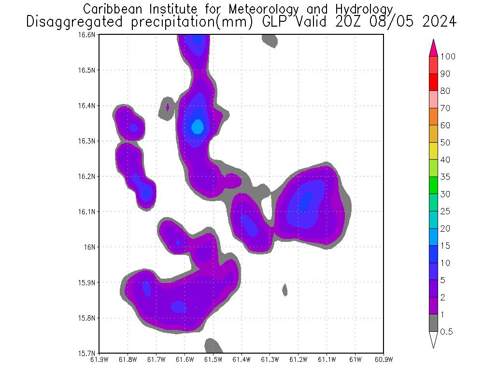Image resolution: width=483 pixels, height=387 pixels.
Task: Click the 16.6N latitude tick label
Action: click(88, 35)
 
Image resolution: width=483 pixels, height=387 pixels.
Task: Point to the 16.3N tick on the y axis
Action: click(88, 141)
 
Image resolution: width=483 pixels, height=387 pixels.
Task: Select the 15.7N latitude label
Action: click(88, 353)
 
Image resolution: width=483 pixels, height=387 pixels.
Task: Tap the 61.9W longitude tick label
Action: click(99, 359)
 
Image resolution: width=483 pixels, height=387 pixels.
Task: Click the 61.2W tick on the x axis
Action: click(298, 359)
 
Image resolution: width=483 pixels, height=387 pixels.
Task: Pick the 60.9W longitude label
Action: click(383, 359)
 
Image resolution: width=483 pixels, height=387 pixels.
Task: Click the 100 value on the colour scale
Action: click(448, 57)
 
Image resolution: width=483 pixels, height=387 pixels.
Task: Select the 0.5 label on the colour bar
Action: click(446, 332)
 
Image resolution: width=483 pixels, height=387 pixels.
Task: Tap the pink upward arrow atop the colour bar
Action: click(433, 48)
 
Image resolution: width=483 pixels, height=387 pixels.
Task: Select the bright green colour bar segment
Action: click(433, 185)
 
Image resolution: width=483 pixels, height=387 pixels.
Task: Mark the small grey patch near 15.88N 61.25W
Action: click(285, 290)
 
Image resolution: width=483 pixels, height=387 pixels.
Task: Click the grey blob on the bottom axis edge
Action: click(213, 346)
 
